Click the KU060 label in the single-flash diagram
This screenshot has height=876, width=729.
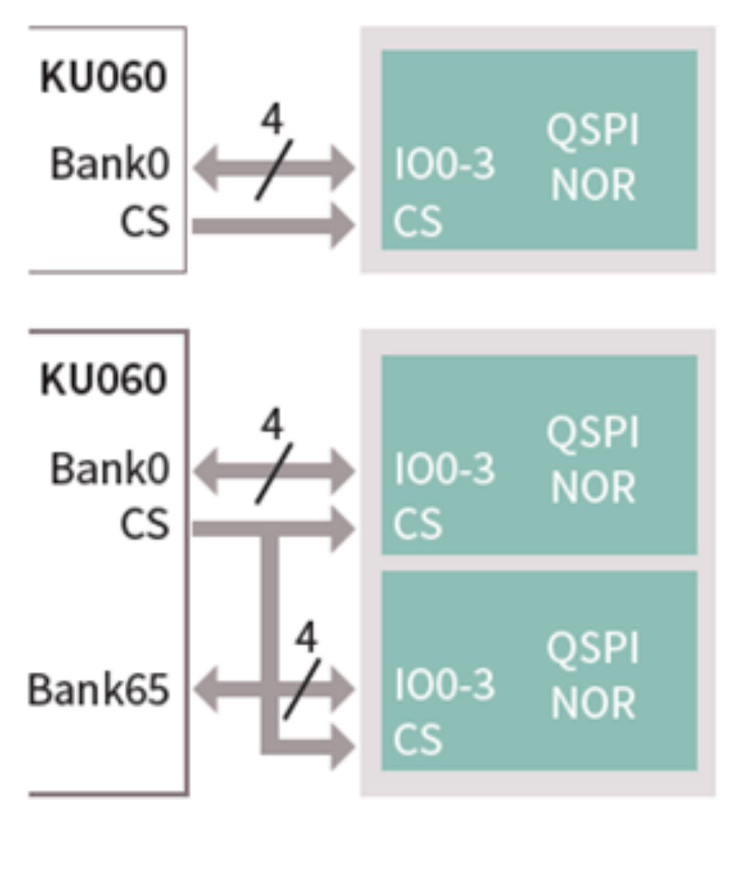[x=103, y=77]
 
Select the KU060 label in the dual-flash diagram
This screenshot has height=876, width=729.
[x=103, y=379]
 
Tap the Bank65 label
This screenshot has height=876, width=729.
[x=98, y=689]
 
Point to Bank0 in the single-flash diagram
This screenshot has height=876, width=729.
[x=109, y=165]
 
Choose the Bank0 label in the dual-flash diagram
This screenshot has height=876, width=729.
[x=109, y=469]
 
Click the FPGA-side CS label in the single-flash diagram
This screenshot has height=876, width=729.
[x=144, y=222]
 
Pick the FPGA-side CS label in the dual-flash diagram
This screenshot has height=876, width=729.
[x=144, y=525]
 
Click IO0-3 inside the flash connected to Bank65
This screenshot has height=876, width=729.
[x=445, y=684]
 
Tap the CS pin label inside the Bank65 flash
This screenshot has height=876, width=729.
[x=418, y=740]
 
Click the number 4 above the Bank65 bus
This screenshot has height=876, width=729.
[x=306, y=637]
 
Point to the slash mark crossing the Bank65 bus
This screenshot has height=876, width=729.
[x=302, y=689]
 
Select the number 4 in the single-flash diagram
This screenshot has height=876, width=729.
[x=271, y=120]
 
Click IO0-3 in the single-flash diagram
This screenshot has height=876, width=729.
[x=445, y=165]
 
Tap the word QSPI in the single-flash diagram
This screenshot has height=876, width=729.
[x=592, y=129]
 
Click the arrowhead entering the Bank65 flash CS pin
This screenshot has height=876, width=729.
[x=342, y=745]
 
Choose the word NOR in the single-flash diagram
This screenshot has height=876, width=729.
[x=592, y=185]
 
